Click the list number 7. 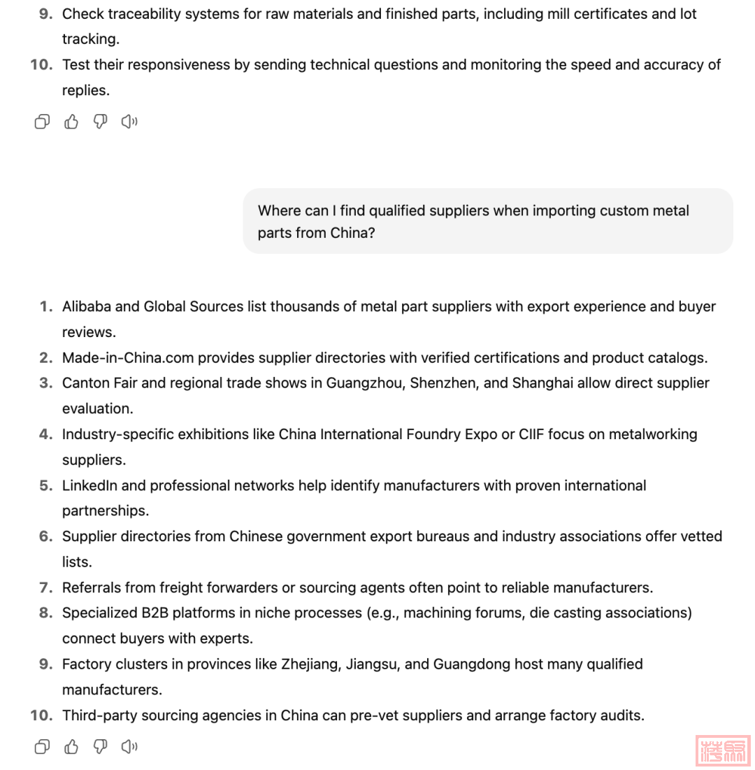pos(46,587)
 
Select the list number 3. pos(46,383)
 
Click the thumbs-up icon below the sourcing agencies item pos(71,747)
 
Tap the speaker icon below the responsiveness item pos(129,122)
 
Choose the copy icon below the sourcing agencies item pos(42,747)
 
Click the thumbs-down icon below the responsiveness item pos(101,122)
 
